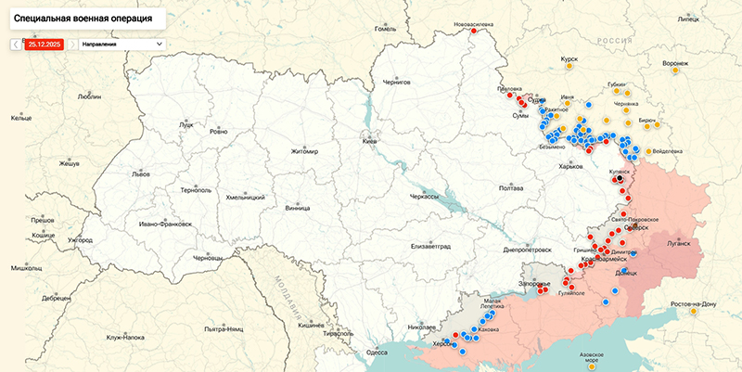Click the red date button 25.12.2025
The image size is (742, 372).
pos(45,44)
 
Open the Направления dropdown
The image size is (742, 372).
pos(122,44)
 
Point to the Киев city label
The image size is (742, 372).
pos(369,140)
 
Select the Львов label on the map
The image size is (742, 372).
pos(141,173)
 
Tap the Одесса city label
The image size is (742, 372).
pos(377,353)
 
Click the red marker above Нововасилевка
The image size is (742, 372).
pos(474,30)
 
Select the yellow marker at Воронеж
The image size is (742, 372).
pos(675,70)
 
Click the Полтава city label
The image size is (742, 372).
pos(511,188)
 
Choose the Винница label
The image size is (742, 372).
pos(298,208)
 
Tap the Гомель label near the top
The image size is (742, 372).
pos(385,29)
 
